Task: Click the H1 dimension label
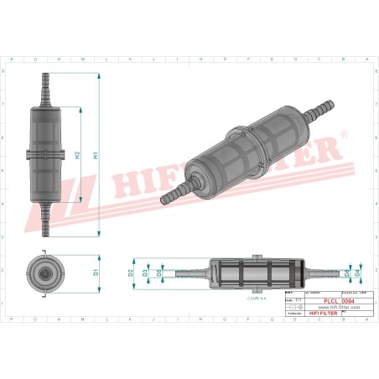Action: pyautogui.click(x=96, y=155)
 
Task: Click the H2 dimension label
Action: pyautogui.click(x=77, y=155)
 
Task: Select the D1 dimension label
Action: pyautogui.click(x=96, y=273)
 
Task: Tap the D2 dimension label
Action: pyautogui.click(x=131, y=273)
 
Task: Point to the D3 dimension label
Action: pyautogui.click(x=145, y=273)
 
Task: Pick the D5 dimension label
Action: pyautogui.click(x=160, y=273)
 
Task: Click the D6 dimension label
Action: pyautogui.click(x=346, y=273)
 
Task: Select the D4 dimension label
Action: pyautogui.click(x=359, y=273)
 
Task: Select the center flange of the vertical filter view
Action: pyautogui.click(x=44, y=153)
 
